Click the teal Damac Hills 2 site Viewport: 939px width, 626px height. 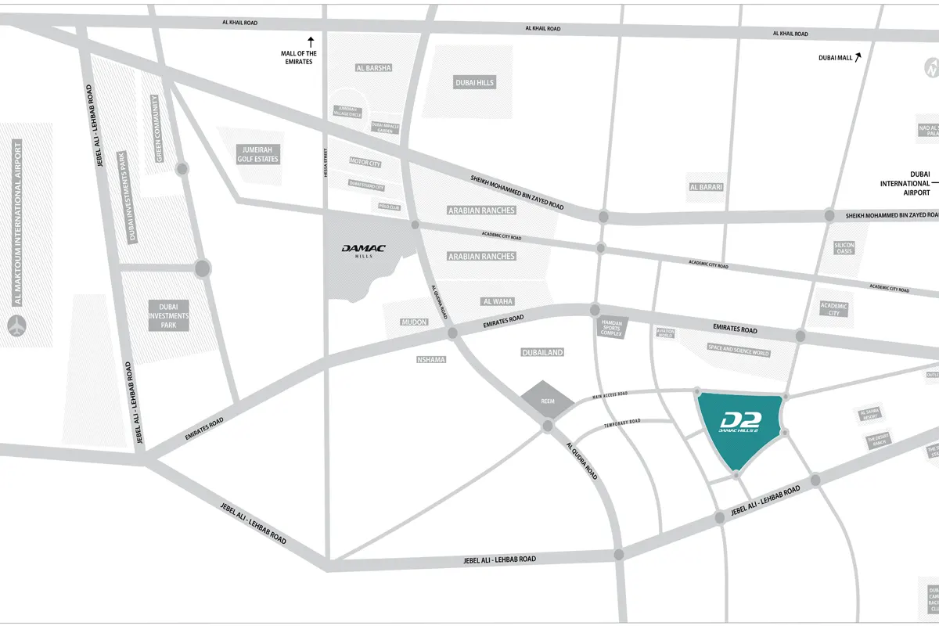pyautogui.click(x=740, y=429)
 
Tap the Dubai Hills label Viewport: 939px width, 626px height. pyautogui.click(x=475, y=82)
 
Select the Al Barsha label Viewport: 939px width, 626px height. pyautogui.click(x=372, y=68)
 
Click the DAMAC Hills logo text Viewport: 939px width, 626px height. pyautogui.click(x=364, y=250)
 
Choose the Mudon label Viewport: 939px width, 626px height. pyautogui.click(x=414, y=322)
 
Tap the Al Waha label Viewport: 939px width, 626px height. pyautogui.click(x=497, y=301)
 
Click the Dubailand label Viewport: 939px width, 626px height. pyautogui.click(x=542, y=353)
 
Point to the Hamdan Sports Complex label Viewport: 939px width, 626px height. pyautogui.click(x=611, y=328)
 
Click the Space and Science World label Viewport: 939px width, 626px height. pyautogui.click(x=738, y=352)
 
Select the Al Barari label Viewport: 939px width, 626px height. pyautogui.click(x=705, y=187)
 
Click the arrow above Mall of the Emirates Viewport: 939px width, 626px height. pyautogui.click(x=311, y=40)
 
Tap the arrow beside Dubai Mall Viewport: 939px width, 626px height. pyautogui.click(x=858, y=56)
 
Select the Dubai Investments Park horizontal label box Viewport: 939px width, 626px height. pyautogui.click(x=169, y=315)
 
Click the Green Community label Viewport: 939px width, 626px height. pyautogui.click(x=158, y=129)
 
